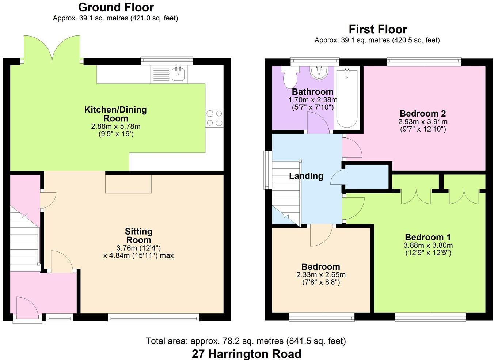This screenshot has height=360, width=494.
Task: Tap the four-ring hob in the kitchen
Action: [x=214, y=118]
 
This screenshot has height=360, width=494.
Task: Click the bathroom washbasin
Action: [x=319, y=72]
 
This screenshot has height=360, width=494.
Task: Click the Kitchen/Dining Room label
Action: [x=115, y=114]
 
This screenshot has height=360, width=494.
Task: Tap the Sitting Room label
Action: [x=138, y=236]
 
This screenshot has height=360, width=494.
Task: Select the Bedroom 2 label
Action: [x=423, y=114]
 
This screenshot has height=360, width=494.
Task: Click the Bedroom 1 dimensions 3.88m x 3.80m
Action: [x=428, y=246]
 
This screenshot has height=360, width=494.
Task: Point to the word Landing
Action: [x=306, y=176]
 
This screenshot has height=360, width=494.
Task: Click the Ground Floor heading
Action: [x=116, y=7]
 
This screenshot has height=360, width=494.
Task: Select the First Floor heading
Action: [x=377, y=29]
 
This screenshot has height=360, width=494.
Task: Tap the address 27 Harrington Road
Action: [x=247, y=354]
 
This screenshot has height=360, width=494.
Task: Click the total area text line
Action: [x=246, y=341]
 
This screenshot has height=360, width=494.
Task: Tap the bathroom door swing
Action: [x=318, y=124]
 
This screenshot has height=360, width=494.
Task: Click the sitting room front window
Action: [x=153, y=318]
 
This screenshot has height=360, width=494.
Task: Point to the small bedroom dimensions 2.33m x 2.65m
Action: [x=321, y=275]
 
